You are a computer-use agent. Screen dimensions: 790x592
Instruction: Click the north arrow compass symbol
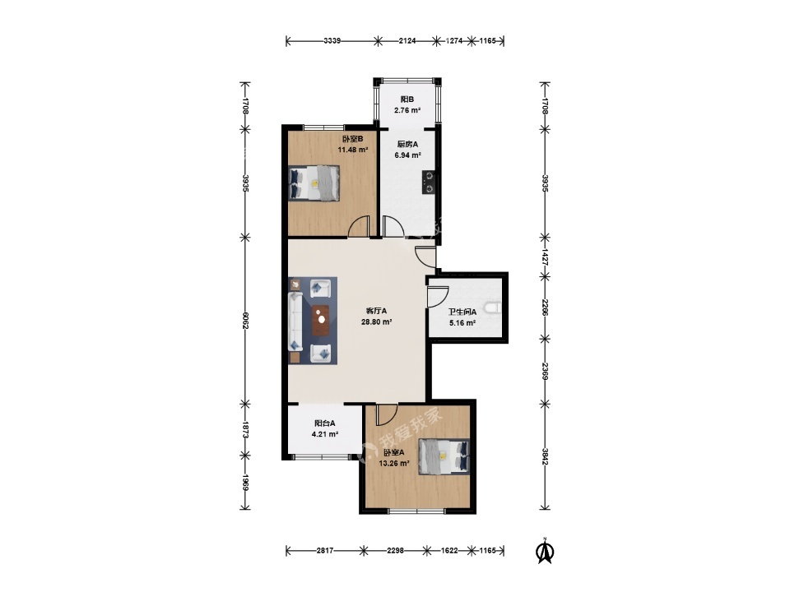pyautogui.click(x=545, y=551)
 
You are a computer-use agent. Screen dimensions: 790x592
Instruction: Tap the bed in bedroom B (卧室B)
pyautogui.click(x=314, y=183)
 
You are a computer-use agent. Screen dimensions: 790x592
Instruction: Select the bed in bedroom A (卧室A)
pyautogui.click(x=444, y=456)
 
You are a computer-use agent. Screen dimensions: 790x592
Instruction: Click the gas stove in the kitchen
pyautogui.click(x=430, y=183)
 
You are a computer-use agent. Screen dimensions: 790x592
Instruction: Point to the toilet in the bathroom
pyautogui.click(x=493, y=307)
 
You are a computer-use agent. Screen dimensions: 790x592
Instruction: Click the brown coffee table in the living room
pyautogui.click(x=320, y=320)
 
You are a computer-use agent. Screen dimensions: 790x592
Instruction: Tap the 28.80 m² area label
pyautogui.click(x=376, y=322)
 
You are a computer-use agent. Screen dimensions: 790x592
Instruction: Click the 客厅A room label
pyautogui.click(x=376, y=311)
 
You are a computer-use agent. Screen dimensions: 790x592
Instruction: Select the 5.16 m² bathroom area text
pyautogui.click(x=462, y=323)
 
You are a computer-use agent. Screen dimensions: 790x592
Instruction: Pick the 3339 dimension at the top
pyautogui.click(x=332, y=41)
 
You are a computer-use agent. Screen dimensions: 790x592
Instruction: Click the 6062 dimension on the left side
pyautogui.click(x=245, y=320)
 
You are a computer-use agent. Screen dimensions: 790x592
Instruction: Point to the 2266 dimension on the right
pyautogui.click(x=545, y=308)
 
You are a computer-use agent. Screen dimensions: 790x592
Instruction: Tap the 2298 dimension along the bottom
pyautogui.click(x=396, y=551)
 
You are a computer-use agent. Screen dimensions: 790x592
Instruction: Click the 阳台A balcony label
pyautogui.click(x=325, y=423)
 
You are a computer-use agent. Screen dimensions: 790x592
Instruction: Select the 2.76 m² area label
pyautogui.click(x=407, y=110)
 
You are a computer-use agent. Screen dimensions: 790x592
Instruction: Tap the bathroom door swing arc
pyautogui.click(x=438, y=297)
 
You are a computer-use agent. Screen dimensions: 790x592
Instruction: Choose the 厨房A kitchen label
pyautogui.click(x=407, y=145)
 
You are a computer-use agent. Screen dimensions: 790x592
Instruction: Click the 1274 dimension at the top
pyautogui.click(x=454, y=41)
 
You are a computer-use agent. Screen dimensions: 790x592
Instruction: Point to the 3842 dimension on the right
pyautogui.click(x=545, y=456)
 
